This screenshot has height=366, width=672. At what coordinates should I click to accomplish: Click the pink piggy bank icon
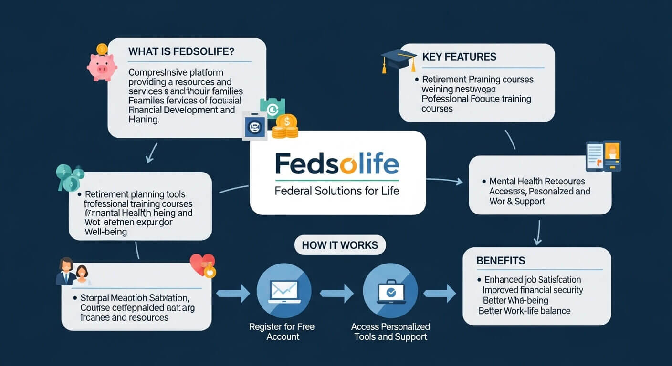click(102, 66)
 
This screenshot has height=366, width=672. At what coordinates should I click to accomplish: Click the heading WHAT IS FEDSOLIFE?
click(181, 51)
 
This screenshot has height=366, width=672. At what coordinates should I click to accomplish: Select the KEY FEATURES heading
click(459, 57)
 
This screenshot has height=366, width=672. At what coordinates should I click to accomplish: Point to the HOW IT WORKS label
click(340, 245)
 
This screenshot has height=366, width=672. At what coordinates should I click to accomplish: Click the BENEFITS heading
click(501, 261)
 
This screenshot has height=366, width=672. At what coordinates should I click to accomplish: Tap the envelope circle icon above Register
click(284, 291)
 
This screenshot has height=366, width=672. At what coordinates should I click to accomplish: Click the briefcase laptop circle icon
click(390, 291)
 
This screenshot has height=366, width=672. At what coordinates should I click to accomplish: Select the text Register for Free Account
click(282, 332)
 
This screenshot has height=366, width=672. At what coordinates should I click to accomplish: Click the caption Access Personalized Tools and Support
click(390, 332)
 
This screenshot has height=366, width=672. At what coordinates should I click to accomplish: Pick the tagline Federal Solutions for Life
click(337, 191)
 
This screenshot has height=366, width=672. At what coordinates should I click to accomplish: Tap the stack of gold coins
click(285, 127)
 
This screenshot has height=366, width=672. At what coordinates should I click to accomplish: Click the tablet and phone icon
click(603, 155)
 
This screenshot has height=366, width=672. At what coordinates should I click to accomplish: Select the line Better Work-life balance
click(525, 311)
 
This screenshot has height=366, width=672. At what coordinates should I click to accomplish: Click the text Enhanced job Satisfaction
click(533, 280)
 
